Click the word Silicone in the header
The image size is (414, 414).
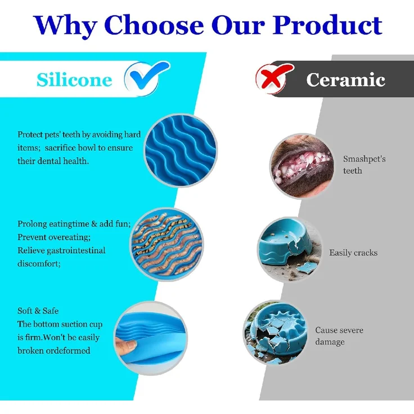click(74, 79)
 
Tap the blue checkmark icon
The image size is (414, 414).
click(147, 78)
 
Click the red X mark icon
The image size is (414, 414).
click(274, 78)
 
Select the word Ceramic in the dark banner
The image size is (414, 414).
click(345, 79)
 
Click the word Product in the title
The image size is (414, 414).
click(327, 25)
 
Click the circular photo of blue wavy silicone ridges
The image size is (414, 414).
click(181, 150)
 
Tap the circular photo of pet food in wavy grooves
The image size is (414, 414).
click(166, 244)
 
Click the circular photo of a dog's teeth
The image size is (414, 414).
click(302, 166)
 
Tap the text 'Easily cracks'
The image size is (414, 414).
click(353, 253)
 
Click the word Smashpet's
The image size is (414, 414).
click(364, 159)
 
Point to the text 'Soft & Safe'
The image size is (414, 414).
click(38, 310)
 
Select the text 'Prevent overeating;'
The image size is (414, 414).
click(54, 237)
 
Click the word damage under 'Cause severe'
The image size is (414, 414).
click(330, 342)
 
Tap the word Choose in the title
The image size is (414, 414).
click(154, 25)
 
